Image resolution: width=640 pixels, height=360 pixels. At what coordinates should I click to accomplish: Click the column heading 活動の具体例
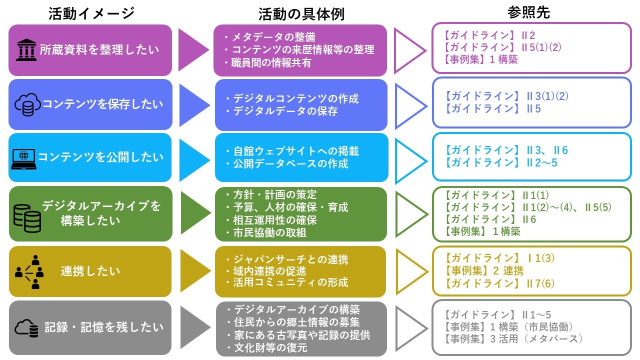tap(301, 14)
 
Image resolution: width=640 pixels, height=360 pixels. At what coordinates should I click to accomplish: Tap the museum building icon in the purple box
tap(26, 50)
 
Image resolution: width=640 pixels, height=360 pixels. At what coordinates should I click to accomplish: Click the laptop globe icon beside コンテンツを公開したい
tap(23, 158)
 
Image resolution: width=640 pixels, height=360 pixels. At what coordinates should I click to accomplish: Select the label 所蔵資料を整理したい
tap(99, 50)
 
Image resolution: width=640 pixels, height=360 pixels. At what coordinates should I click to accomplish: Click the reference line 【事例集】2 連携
tap(483, 271)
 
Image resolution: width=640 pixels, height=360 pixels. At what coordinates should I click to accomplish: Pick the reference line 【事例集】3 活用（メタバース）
tap(513, 339)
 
